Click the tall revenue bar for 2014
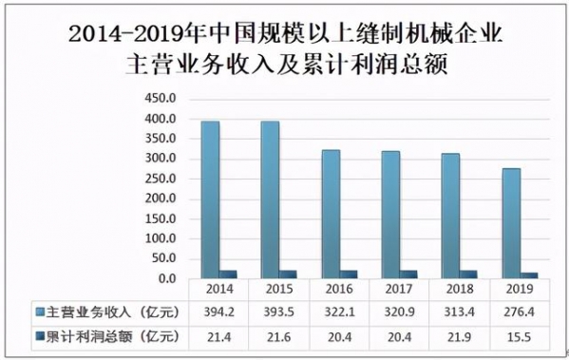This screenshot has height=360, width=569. [x=210, y=199]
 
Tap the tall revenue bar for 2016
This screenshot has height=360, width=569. [x=330, y=214]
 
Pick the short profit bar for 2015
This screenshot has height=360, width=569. [x=287, y=274]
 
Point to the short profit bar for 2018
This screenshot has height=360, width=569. [x=466, y=274]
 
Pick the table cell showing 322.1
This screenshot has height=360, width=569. [x=338, y=313]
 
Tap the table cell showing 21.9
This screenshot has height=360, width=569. [x=458, y=335]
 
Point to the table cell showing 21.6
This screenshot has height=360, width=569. [x=278, y=335]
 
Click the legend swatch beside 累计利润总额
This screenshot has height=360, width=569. [x=40, y=335]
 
